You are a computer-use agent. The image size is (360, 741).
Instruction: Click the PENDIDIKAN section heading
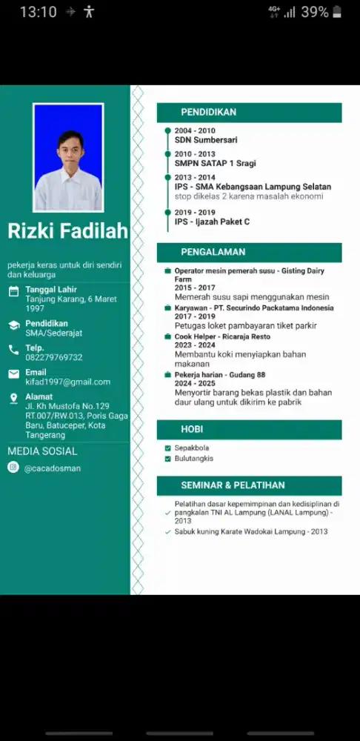pyautogui.click(x=209, y=113)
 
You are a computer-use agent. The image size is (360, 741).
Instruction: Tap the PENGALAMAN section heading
pyautogui.click(x=213, y=252)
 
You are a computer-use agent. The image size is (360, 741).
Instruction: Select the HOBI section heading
pyautogui.click(x=192, y=430)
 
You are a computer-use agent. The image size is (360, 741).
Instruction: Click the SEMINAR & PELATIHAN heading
pyautogui.click(x=233, y=485)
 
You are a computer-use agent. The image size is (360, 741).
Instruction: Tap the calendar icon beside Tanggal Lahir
pyautogui.click(x=13, y=291)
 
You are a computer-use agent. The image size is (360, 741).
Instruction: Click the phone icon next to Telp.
pyautogui.click(x=13, y=350)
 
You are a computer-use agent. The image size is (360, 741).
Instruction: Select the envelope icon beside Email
pyautogui.click(x=13, y=374)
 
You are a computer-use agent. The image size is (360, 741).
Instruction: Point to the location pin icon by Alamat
pyautogui.click(x=13, y=399)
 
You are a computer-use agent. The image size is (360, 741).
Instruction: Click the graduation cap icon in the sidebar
pyautogui.click(x=13, y=325)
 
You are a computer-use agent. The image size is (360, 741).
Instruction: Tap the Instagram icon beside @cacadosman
pyautogui.click(x=13, y=468)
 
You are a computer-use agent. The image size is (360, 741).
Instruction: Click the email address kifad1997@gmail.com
pyautogui.click(x=67, y=382)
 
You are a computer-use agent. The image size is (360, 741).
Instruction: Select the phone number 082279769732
pyautogui.click(x=54, y=357)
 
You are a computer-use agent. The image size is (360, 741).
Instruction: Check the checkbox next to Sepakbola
pyautogui.click(x=168, y=448)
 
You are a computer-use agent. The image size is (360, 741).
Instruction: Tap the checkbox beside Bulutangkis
pyautogui.click(x=168, y=459)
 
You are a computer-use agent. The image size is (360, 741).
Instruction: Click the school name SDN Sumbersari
pyautogui.click(x=206, y=139)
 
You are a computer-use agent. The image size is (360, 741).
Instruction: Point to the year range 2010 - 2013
pyautogui.click(x=195, y=154)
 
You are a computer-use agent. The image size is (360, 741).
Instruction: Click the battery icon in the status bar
pyautogui.click(x=338, y=12)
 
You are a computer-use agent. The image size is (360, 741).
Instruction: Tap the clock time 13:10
pyautogui.click(x=38, y=12)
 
